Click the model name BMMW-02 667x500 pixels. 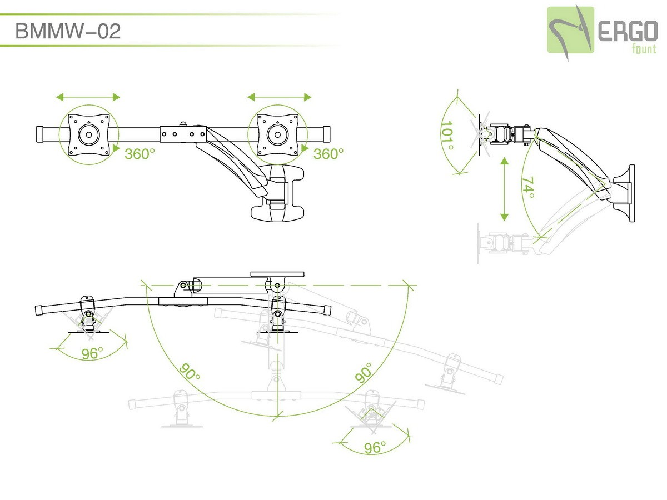click(68, 32)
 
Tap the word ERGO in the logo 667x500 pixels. click(628, 33)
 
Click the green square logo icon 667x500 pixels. click(570, 30)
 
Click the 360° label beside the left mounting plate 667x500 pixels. click(139, 154)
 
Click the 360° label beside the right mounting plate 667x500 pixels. click(328, 154)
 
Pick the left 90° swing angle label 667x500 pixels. click(190, 372)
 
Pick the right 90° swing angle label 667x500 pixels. click(364, 372)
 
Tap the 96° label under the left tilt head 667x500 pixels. click(93, 353)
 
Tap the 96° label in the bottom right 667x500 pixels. click(375, 448)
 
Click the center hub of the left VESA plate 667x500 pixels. click(88, 134)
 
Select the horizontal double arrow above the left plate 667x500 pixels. click(88, 97)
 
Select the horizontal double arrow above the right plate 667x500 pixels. click(280, 97)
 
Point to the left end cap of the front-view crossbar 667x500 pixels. click(41, 134)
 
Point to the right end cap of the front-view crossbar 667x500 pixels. click(325, 134)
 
